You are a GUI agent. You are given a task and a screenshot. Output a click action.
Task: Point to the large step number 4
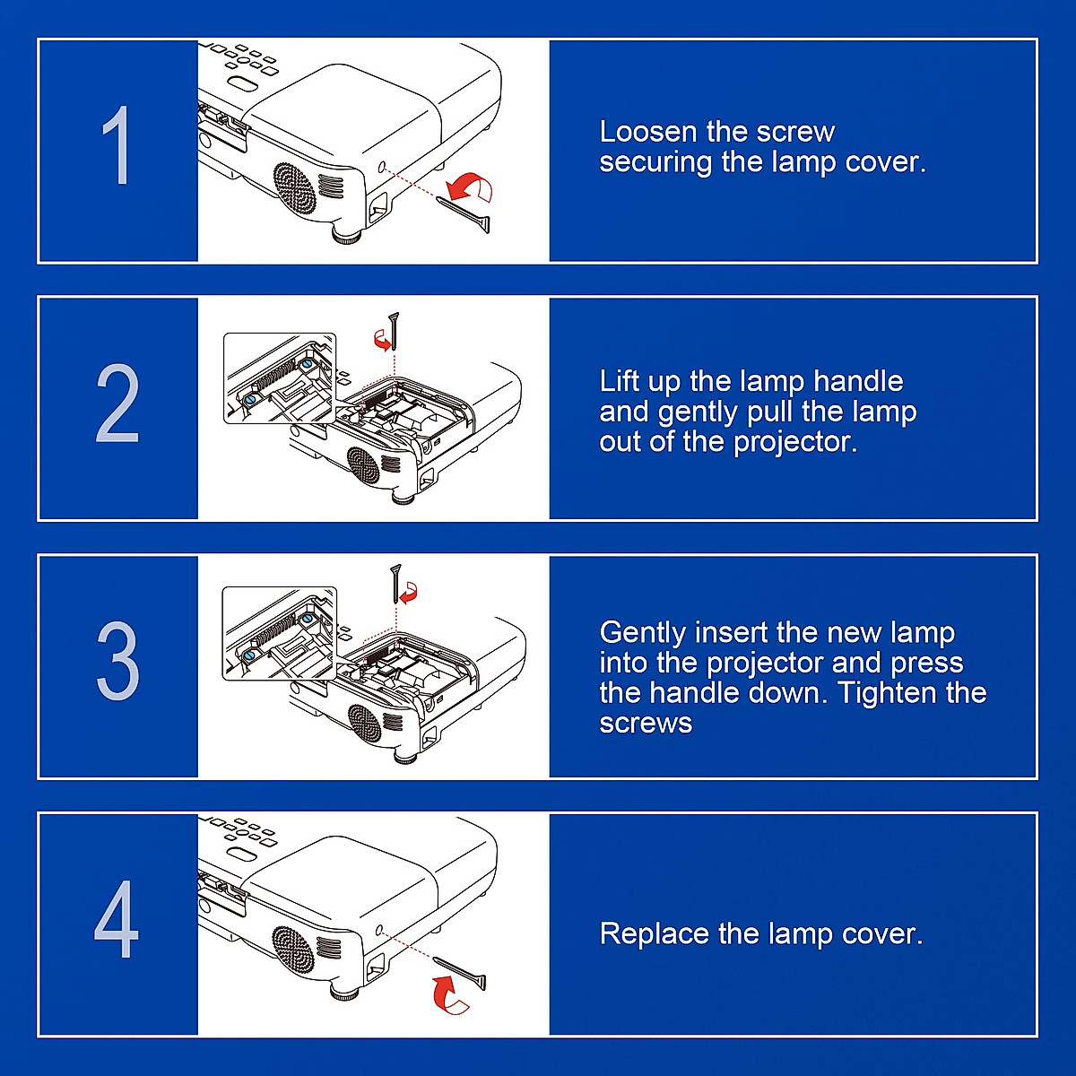(117, 920)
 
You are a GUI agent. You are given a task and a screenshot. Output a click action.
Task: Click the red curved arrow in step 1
(471, 187)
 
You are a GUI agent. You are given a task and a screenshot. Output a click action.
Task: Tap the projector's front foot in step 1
(346, 237)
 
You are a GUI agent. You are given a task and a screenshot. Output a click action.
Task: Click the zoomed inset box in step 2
(280, 377)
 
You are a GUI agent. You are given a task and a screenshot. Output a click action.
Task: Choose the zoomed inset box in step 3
(279, 632)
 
